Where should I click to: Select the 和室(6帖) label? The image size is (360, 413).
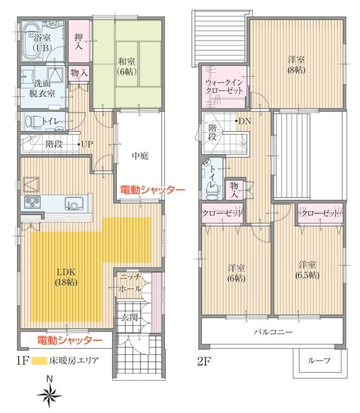pos(127,64)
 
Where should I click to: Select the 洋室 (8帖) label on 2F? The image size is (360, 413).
pos(296,64)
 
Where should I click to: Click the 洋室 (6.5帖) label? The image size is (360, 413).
pos(308,270)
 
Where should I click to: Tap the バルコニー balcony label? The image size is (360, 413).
pos(273,332)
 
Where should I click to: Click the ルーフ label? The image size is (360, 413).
pos(319,360)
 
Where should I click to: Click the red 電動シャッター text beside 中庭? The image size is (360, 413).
pos(152,189)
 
